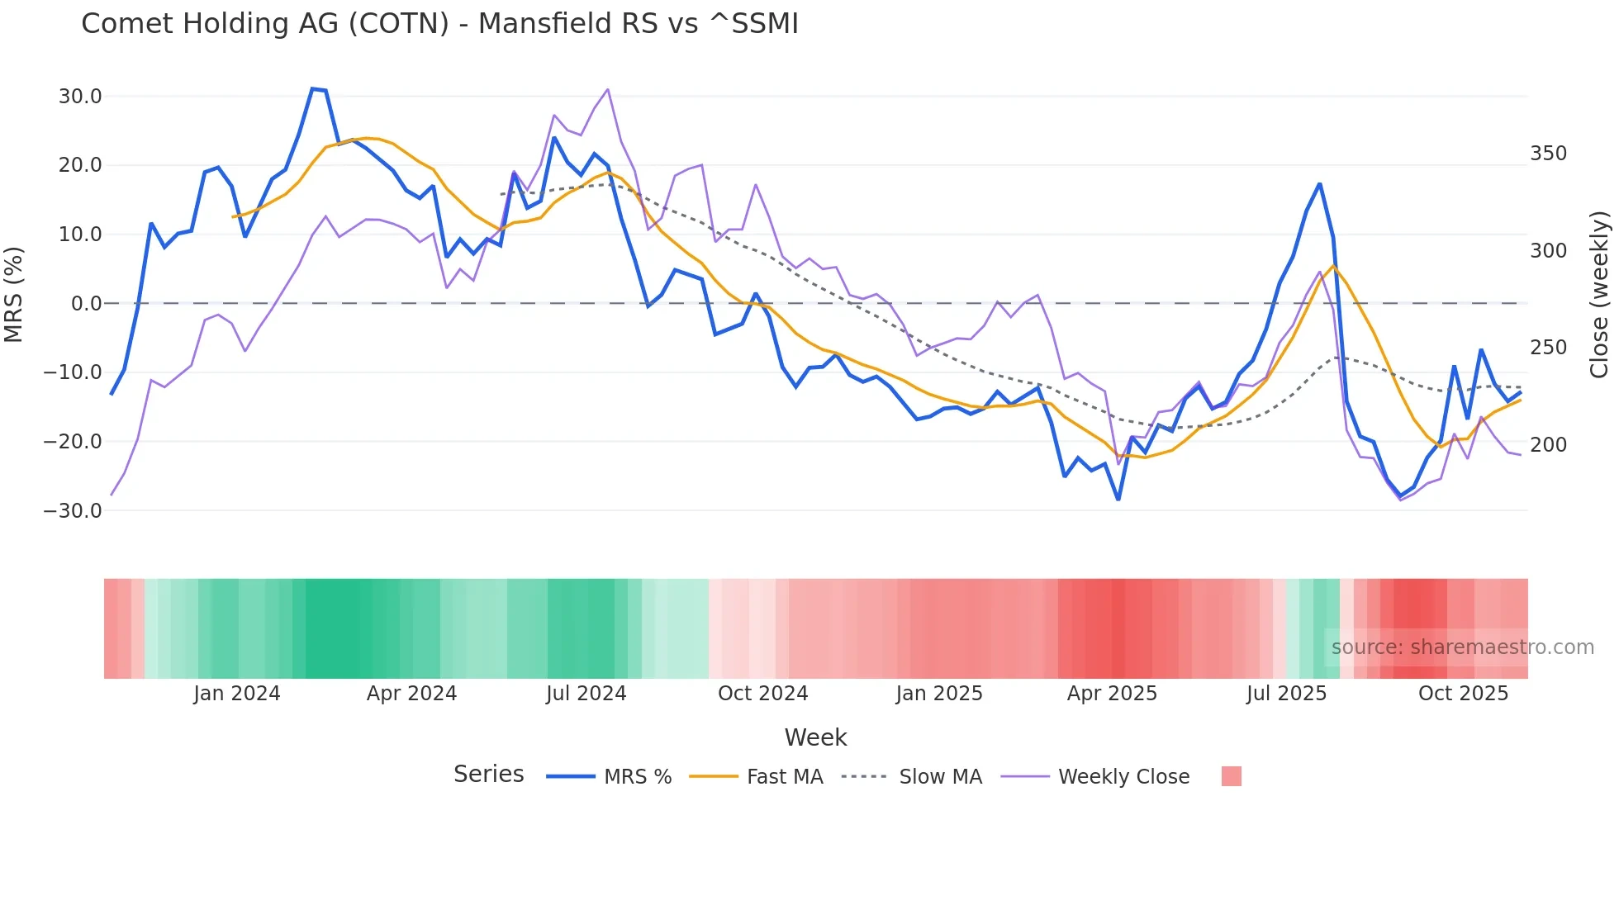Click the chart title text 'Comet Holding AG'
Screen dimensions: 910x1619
click(264, 23)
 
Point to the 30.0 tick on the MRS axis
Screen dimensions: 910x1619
click(80, 97)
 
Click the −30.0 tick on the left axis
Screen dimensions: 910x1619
click(74, 510)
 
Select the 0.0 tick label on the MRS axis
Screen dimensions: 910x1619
click(86, 304)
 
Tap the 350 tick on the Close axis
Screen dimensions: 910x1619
click(1548, 154)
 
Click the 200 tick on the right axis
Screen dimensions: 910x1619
click(1548, 445)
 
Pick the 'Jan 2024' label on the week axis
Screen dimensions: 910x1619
click(236, 694)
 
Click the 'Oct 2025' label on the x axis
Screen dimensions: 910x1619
click(1463, 694)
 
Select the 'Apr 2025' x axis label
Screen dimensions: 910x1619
click(1112, 694)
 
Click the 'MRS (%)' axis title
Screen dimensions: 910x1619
click(14, 294)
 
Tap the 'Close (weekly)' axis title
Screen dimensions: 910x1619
click(1599, 294)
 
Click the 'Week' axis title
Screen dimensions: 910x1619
click(815, 737)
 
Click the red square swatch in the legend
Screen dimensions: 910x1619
click(1231, 776)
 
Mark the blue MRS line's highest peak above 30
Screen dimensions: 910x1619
click(313, 88)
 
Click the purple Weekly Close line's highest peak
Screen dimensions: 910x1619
click(608, 89)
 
